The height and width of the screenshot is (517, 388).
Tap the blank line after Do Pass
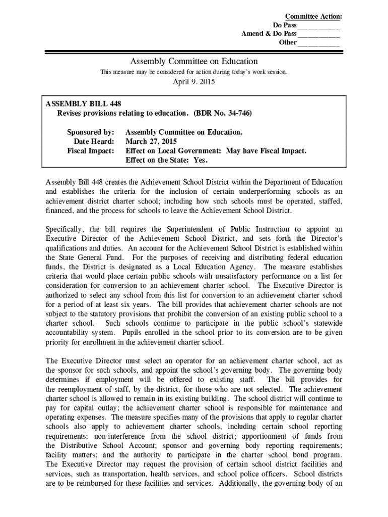point(318,25)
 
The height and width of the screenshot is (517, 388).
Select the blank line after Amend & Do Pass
point(318,34)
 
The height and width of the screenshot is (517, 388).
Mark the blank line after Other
point(318,42)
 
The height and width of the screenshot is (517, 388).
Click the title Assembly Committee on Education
point(194,61)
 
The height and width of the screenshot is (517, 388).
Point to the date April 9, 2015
point(194,82)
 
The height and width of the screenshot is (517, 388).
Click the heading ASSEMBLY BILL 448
point(83,104)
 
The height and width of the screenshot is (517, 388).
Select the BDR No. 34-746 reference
point(222,113)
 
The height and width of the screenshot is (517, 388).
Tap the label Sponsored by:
point(91,132)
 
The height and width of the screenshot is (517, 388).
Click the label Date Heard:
point(94,141)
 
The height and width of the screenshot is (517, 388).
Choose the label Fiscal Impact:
point(91,150)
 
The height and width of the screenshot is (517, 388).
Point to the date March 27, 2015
point(151,141)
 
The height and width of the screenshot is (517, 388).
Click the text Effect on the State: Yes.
point(166,160)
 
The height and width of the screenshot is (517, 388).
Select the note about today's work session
point(194,72)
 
